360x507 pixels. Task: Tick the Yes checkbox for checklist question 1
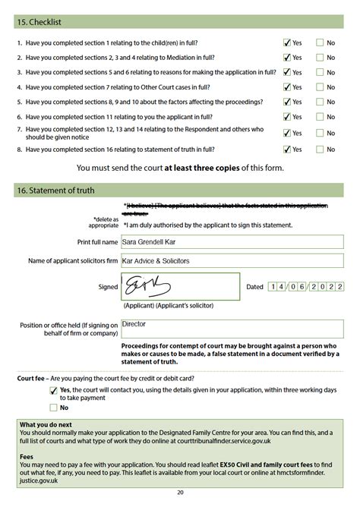(x=286, y=43)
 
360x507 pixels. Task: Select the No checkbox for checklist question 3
(x=320, y=72)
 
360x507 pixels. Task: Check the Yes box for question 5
(x=286, y=102)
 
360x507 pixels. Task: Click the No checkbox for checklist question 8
(x=320, y=150)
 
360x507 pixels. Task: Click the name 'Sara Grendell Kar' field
(x=232, y=242)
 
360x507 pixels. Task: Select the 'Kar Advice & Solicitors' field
(x=232, y=260)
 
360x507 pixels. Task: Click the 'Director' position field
(x=232, y=327)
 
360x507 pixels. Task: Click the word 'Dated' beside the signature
(x=254, y=288)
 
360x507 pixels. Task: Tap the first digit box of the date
(x=273, y=288)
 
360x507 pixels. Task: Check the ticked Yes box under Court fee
(x=52, y=389)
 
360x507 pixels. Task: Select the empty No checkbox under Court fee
(x=52, y=408)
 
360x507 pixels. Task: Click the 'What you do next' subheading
(x=46, y=424)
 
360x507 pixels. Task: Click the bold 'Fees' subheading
(x=27, y=458)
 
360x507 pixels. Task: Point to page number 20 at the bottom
(x=180, y=493)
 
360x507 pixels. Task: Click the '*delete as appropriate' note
(x=106, y=222)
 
